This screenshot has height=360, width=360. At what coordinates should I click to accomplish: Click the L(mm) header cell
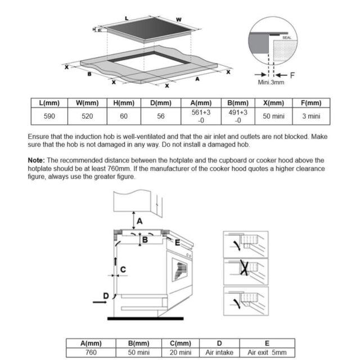[49, 103]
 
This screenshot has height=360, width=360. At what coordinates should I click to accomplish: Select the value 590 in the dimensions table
[49, 116]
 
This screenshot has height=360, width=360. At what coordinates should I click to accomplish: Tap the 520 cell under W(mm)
[87, 116]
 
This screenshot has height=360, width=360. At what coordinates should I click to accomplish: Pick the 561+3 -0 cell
[201, 116]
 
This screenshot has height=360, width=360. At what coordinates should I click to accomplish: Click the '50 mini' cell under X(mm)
[273, 116]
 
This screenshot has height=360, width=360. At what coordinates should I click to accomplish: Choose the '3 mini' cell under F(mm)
[311, 116]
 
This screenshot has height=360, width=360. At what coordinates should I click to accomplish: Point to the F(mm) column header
[311, 103]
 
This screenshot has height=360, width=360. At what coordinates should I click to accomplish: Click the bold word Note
[36, 160]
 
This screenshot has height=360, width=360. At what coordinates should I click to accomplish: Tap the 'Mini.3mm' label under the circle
[271, 82]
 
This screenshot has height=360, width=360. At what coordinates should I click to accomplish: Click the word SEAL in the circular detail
[287, 38]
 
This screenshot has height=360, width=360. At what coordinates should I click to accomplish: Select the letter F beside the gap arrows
[292, 75]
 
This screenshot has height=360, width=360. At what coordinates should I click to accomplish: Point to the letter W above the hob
[179, 20]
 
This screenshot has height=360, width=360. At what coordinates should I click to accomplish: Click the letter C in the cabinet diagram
[123, 269]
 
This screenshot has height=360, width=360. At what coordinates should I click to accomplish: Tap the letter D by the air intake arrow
[106, 296]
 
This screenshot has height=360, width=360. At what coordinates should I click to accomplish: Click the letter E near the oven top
[177, 242]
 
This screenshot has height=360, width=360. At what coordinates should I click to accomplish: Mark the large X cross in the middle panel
[244, 268]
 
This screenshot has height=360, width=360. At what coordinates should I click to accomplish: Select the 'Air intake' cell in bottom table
[219, 352]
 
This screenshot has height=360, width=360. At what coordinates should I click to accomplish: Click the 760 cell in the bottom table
[91, 352]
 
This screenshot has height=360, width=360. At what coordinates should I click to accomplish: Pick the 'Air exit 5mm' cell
[267, 352]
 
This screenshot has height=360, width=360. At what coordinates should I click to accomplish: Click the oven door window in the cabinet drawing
[179, 269]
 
